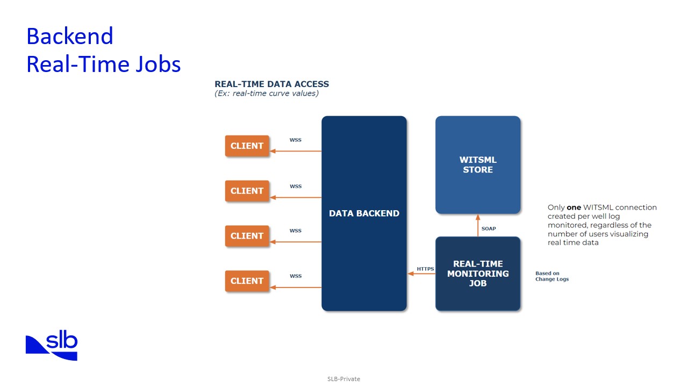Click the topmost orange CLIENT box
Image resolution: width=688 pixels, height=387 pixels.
(247, 146)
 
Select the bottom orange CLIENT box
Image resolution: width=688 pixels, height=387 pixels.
(247, 281)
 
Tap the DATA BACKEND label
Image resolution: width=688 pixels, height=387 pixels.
(364, 213)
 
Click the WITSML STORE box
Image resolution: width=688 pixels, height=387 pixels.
(477, 164)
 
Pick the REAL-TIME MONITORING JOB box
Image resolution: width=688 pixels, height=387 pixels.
(477, 273)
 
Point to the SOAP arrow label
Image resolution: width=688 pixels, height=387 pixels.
(489, 228)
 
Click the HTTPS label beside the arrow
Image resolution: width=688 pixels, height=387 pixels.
(425, 269)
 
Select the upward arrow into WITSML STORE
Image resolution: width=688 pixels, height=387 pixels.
(478, 225)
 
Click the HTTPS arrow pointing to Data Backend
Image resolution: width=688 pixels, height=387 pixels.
(421, 274)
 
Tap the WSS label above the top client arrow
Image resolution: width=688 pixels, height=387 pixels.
(296, 140)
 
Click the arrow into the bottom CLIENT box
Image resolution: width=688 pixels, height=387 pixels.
(295, 288)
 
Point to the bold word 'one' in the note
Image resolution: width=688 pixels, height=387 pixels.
(574, 207)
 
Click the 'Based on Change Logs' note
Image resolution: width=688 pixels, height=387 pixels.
(551, 276)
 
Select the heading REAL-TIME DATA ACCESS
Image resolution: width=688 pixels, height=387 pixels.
(271, 84)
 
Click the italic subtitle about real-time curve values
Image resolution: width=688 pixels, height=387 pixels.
(266, 94)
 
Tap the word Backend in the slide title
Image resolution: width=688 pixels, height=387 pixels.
(70, 37)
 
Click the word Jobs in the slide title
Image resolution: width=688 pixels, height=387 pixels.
(157, 64)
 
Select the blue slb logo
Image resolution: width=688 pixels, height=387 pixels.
(52, 347)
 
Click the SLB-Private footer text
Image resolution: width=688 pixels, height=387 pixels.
(343, 379)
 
